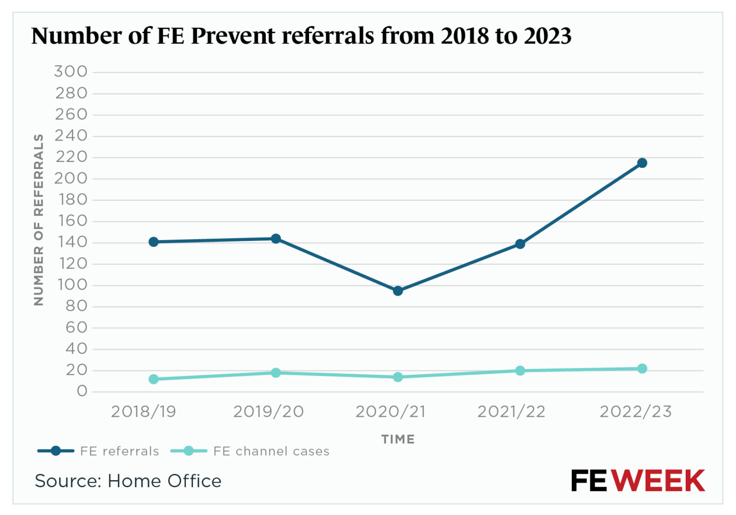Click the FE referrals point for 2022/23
(642, 163)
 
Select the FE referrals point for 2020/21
(398, 291)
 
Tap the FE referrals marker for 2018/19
(154, 242)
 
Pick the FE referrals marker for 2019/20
(276, 239)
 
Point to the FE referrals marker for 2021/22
(520, 244)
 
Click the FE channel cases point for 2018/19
(154, 379)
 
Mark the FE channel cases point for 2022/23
(642, 368)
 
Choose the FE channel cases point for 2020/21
(398, 377)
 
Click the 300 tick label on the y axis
(71, 72)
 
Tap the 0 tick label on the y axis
(82, 391)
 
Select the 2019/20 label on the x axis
(268, 412)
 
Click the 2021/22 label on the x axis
(511, 412)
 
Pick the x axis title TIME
(398, 439)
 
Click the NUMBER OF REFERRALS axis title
(39, 219)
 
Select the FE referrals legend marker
(56, 451)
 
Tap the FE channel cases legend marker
(189, 451)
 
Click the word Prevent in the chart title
(233, 36)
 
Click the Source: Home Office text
(128, 481)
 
